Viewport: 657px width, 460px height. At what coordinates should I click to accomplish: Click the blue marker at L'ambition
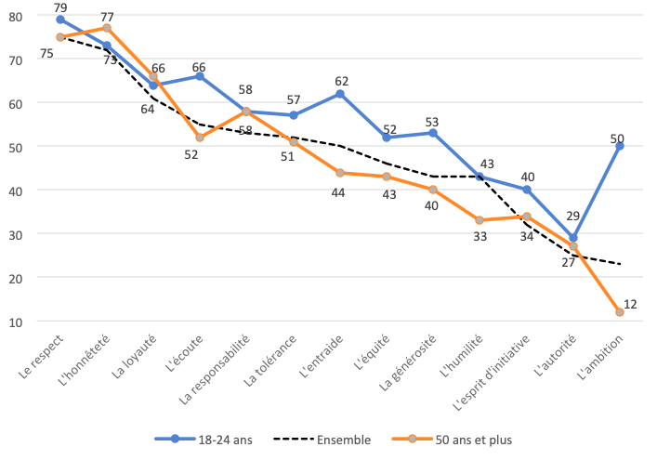[x=619, y=146]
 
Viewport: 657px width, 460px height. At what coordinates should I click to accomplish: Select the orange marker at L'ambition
[x=619, y=312]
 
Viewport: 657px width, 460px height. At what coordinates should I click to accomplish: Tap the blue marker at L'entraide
[x=340, y=94]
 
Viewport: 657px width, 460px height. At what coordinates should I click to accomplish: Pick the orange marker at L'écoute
[x=200, y=138]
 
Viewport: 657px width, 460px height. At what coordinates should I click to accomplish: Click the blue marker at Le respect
[x=60, y=20]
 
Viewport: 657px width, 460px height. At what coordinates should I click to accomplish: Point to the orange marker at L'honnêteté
[x=107, y=28]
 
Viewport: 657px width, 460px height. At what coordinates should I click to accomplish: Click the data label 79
[x=60, y=7]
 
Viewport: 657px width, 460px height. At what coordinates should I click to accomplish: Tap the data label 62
[x=340, y=80]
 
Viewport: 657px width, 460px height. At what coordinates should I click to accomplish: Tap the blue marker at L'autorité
[x=572, y=238]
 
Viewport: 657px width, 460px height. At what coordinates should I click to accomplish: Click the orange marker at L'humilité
[x=480, y=220]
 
